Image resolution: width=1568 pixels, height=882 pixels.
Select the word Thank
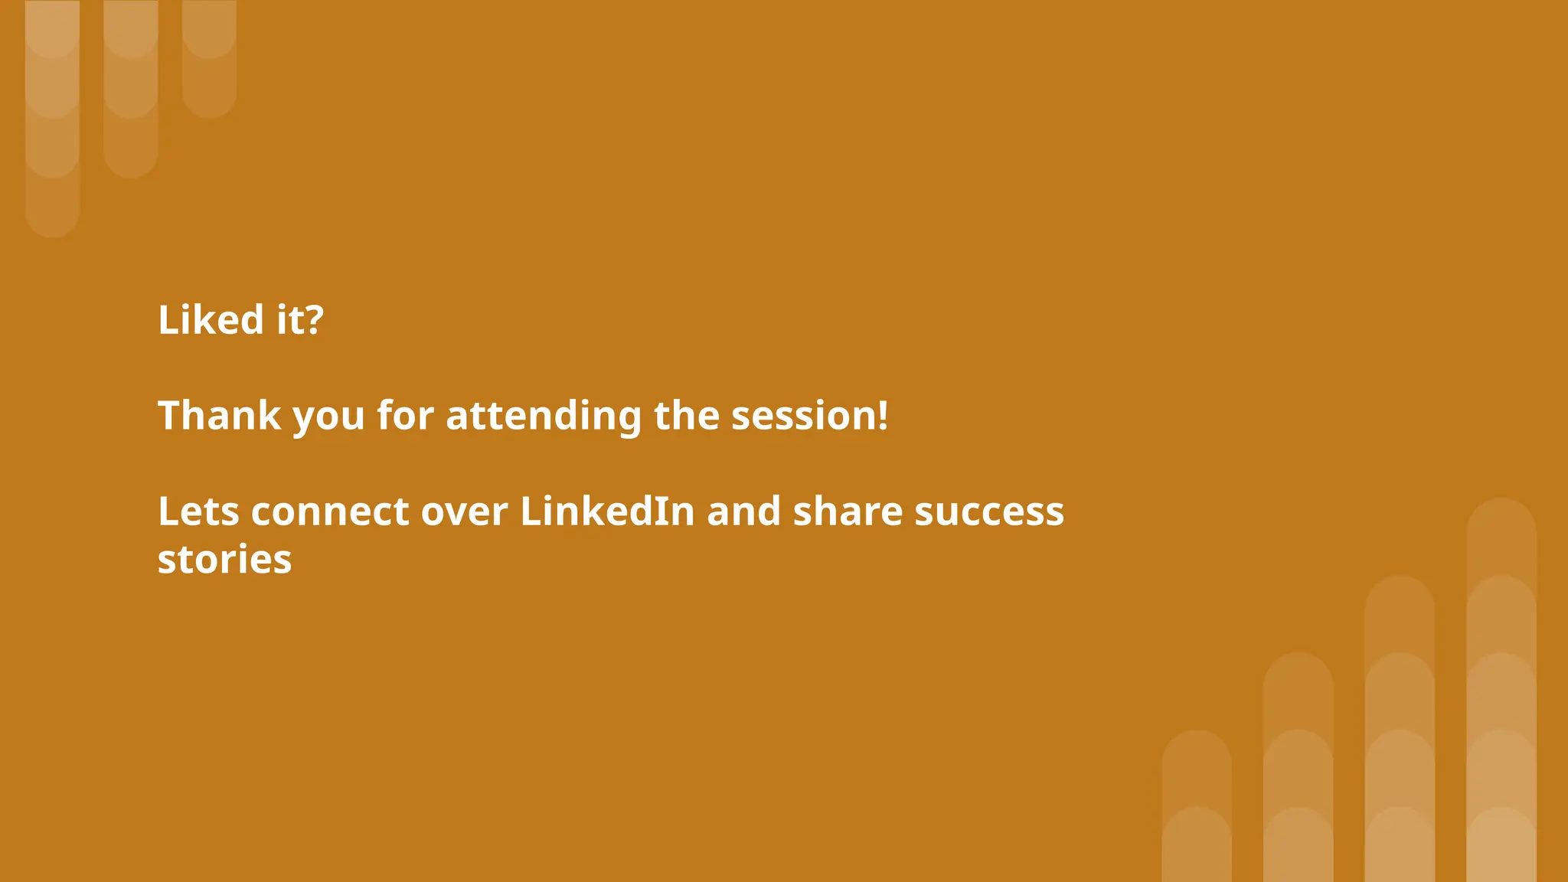click(219, 416)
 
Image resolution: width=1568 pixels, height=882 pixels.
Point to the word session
click(803, 416)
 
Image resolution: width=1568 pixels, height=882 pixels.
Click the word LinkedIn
click(607, 511)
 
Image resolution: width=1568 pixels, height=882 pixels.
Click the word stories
click(224, 560)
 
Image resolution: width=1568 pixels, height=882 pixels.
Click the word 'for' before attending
click(405, 416)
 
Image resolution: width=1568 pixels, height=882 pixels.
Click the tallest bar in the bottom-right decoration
click(1501, 689)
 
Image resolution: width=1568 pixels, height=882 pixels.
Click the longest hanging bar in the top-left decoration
click(52, 115)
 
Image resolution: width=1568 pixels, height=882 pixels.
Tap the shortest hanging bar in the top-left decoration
click(209, 57)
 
